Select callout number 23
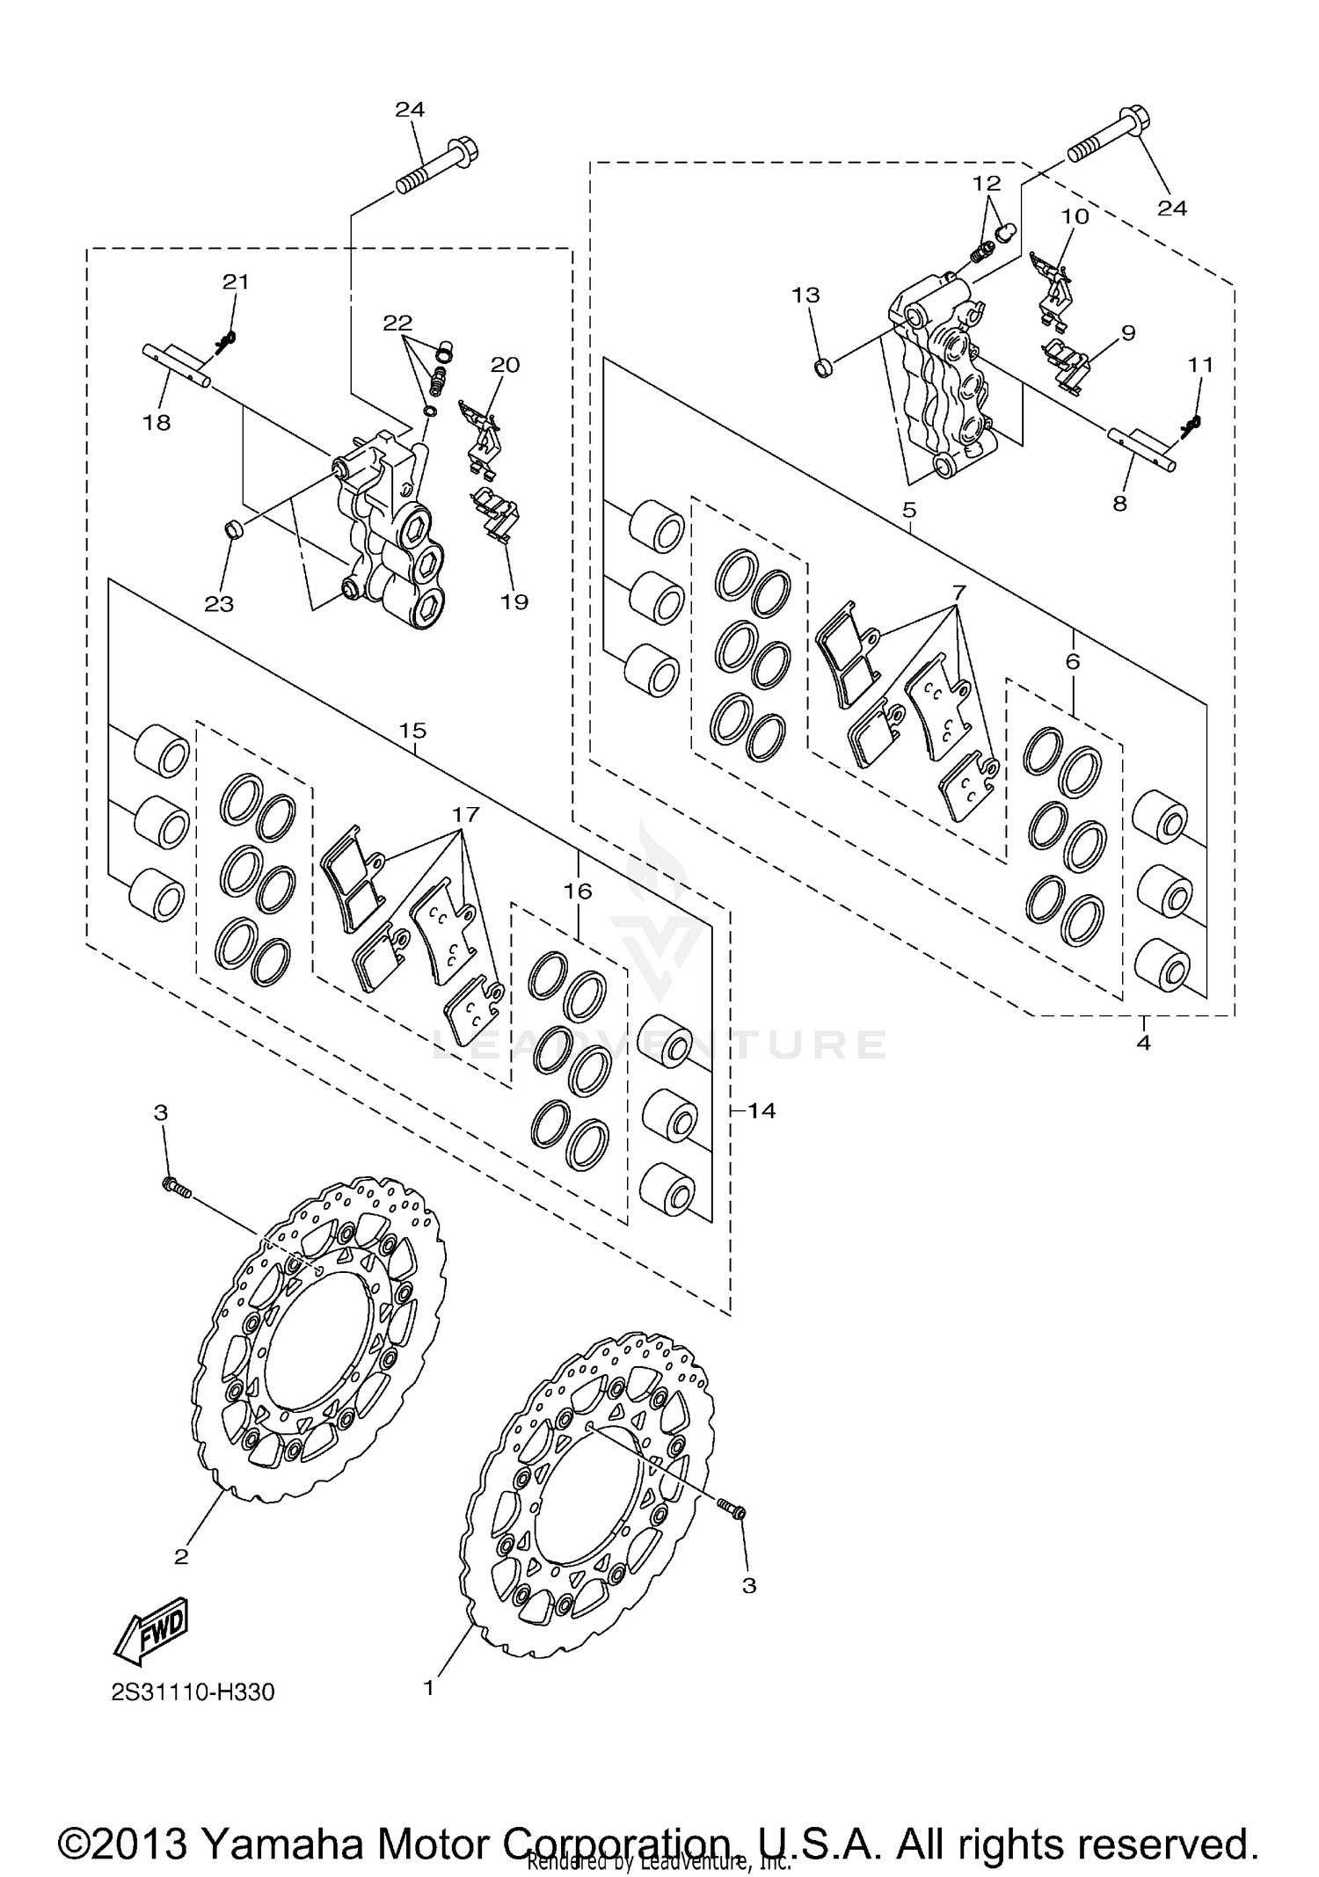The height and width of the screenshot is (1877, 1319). (x=219, y=604)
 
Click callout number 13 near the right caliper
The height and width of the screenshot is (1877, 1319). (x=805, y=295)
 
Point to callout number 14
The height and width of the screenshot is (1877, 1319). (x=762, y=1111)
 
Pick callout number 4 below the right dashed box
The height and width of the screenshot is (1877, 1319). (x=1143, y=1043)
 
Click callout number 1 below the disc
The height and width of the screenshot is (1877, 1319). (x=429, y=1689)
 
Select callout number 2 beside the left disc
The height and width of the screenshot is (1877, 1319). (x=181, y=1557)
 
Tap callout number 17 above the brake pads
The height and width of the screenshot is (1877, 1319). (x=466, y=814)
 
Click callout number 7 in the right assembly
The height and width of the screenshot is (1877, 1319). (x=958, y=592)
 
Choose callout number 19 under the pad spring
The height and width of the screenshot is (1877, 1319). (x=514, y=602)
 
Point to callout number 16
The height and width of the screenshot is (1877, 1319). (x=578, y=891)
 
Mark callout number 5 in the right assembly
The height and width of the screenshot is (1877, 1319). (x=909, y=510)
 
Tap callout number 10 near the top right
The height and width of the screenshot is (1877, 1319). (x=1075, y=216)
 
